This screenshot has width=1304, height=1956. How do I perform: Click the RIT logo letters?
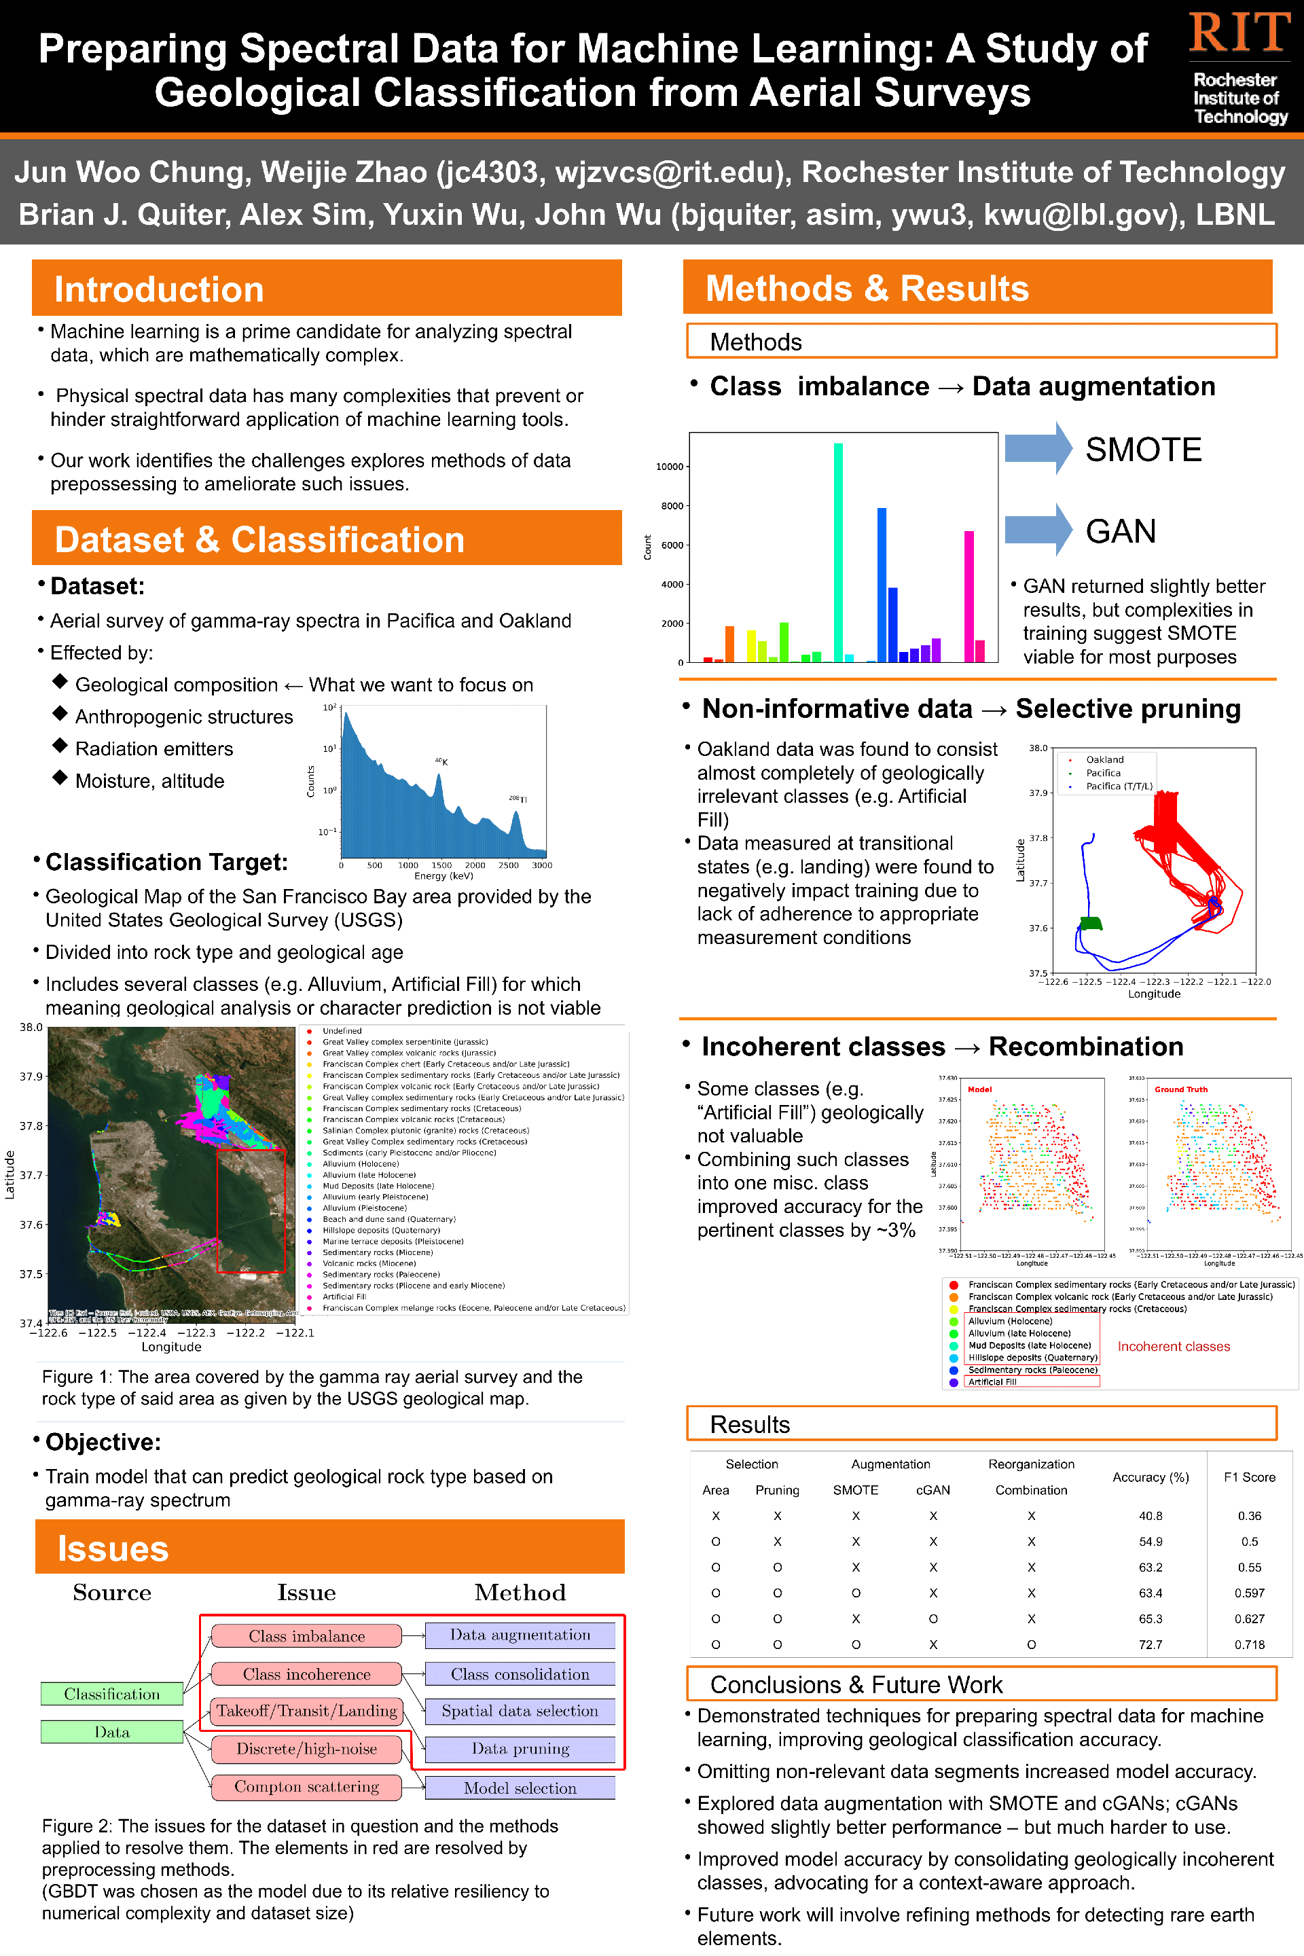(x=1239, y=33)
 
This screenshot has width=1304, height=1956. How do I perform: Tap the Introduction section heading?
(x=159, y=289)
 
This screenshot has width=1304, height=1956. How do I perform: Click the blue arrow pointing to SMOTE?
(x=1038, y=448)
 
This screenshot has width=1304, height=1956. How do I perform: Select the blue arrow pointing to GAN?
(x=1038, y=530)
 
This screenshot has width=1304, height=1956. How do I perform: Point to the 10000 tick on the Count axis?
(x=670, y=467)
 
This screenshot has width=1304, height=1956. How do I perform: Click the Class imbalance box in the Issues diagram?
(x=306, y=1636)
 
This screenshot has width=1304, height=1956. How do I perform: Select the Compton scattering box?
(x=306, y=1786)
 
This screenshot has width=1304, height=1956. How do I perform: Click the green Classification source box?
(x=111, y=1694)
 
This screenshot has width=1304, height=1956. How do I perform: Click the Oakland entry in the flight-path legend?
(x=1104, y=759)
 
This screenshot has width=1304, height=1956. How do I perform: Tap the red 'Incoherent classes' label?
(x=1173, y=1346)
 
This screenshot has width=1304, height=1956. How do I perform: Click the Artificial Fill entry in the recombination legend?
(x=992, y=1381)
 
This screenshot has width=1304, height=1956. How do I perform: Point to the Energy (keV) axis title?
(x=443, y=875)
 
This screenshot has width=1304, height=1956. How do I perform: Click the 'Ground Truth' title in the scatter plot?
(x=1180, y=1089)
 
